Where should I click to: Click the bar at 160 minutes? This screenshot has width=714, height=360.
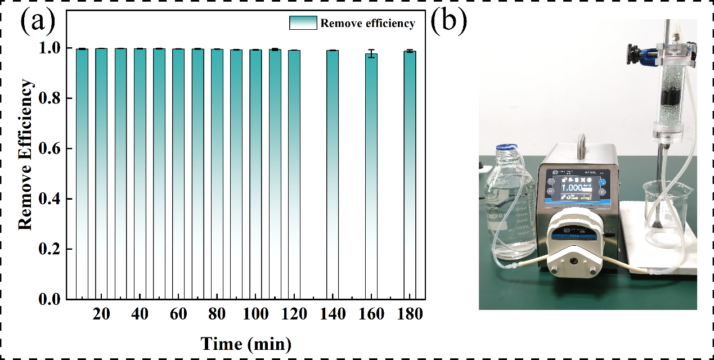tap(371, 177)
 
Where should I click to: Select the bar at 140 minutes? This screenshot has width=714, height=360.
tap(333, 174)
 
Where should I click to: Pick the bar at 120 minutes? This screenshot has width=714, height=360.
tap(294, 174)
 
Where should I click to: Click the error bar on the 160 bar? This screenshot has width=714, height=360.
tap(371, 54)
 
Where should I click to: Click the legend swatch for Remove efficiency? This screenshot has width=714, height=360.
tap(304, 23)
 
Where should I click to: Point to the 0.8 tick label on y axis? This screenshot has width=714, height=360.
tap(51, 98)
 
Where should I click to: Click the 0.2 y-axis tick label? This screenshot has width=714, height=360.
tap(51, 249)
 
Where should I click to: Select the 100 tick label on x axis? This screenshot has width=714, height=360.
tap(255, 314)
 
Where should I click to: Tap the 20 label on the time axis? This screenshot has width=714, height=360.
tap(101, 314)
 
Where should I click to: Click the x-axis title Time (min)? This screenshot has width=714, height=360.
tap(246, 343)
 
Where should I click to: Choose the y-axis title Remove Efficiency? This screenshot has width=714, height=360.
tap(25, 155)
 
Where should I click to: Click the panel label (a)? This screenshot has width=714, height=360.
tap(38, 22)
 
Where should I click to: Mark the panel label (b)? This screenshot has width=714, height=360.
tap(449, 22)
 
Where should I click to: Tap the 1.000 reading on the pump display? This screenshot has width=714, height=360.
tap(573, 188)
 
